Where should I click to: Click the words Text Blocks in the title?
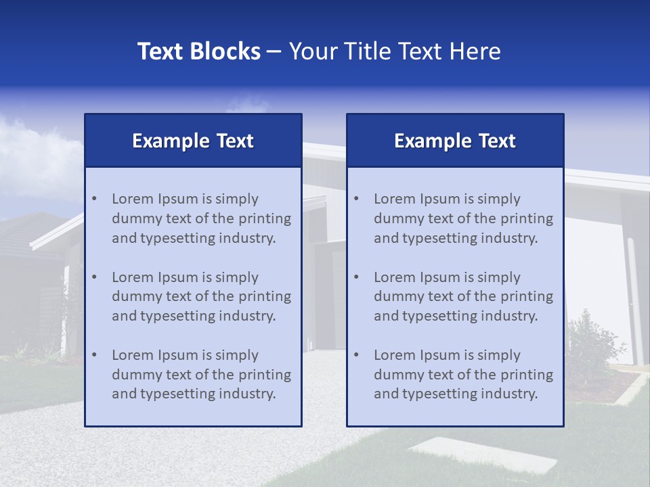(198, 51)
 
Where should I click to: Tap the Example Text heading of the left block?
(193, 141)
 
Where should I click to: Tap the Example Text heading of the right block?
(455, 141)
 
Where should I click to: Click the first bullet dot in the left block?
(94, 199)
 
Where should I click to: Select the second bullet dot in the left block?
(94, 277)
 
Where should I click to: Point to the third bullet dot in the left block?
(94, 355)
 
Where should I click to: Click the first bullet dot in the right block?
(356, 199)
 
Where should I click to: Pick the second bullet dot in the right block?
(356, 277)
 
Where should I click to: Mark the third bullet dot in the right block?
(356, 355)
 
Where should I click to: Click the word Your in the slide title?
(312, 51)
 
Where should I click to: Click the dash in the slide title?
(274, 51)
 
